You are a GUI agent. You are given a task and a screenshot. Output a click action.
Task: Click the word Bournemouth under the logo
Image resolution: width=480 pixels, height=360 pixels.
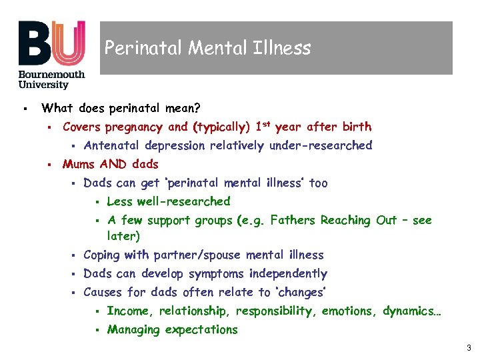(52, 75)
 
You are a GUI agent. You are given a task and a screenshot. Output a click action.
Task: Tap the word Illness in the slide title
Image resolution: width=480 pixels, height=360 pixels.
(289, 48)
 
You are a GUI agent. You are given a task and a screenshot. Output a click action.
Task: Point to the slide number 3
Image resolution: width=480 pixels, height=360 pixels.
(469, 347)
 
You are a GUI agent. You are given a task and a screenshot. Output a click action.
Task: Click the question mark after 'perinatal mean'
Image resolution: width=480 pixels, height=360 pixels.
(197, 107)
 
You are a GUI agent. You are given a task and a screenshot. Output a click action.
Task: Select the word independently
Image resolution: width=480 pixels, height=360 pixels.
(288, 273)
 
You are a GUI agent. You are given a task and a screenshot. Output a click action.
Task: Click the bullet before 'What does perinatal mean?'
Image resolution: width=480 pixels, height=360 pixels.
(23, 108)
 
